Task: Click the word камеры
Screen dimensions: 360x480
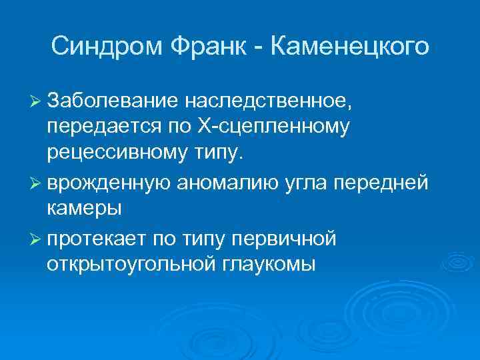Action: coord(84,208)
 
